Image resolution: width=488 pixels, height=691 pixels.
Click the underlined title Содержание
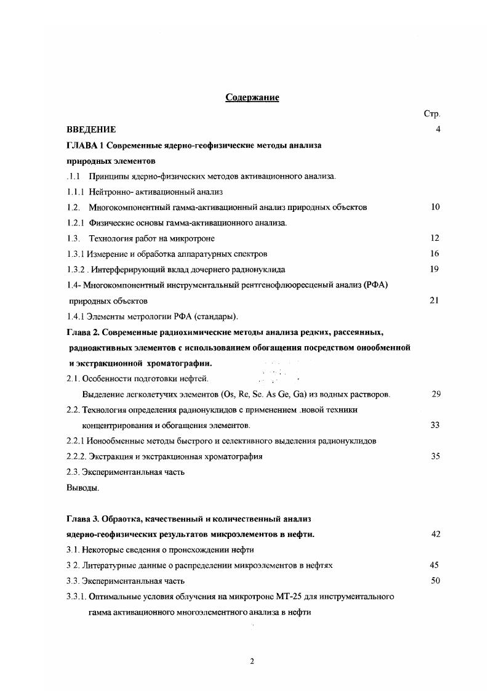[x=252, y=97]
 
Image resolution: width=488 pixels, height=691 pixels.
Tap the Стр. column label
[x=432, y=114]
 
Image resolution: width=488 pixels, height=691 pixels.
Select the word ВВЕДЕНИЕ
[x=91, y=130]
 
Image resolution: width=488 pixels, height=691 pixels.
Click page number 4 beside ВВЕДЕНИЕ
[x=437, y=130]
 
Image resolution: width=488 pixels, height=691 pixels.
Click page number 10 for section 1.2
[x=435, y=208]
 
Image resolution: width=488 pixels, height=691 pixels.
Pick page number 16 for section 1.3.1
[x=435, y=254]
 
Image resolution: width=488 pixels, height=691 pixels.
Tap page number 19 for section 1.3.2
[x=435, y=269]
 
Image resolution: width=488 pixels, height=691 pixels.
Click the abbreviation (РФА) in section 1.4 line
[x=376, y=285]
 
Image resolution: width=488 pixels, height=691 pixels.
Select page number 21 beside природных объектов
[x=435, y=301]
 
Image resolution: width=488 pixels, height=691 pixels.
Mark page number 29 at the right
[x=436, y=394]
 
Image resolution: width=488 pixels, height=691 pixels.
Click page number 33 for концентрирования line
[x=435, y=426]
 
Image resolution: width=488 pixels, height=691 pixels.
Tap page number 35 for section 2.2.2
[x=435, y=457]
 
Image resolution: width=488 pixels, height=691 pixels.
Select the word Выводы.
[x=82, y=488]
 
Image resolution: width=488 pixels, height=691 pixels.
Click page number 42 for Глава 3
[x=436, y=535]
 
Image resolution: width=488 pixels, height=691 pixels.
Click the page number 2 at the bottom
[x=252, y=661]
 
